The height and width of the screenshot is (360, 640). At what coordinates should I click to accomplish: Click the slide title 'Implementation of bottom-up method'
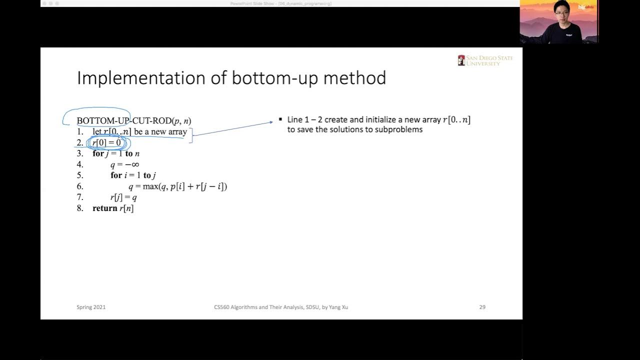[231, 78]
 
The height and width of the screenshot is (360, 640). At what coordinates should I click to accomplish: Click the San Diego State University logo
[485, 60]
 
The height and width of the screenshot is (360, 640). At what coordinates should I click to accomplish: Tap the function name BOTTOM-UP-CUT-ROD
[123, 121]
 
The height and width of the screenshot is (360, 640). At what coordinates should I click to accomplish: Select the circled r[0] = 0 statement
[107, 143]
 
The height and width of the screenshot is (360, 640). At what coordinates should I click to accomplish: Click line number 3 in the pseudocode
[80, 154]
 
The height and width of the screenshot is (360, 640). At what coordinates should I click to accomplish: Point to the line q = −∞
[124, 164]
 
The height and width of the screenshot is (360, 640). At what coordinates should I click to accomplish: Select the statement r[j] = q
[123, 197]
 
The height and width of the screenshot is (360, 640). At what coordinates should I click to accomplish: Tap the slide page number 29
[482, 307]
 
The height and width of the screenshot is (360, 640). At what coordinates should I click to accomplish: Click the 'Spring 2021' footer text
[91, 307]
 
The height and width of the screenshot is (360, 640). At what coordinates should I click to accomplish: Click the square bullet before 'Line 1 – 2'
[280, 119]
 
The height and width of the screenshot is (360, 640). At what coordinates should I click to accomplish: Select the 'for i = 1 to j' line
[133, 175]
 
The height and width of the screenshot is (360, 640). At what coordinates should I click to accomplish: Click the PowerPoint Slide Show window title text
[280, 3]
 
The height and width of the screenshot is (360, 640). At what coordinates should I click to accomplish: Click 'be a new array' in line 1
[160, 132]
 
